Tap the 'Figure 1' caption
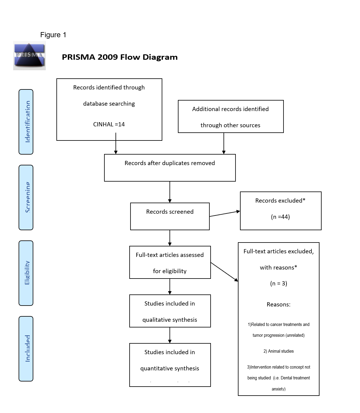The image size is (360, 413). pyautogui.click(x=53, y=35)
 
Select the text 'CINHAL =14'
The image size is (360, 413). pyautogui.click(x=109, y=124)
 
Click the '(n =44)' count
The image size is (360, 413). pyautogui.click(x=280, y=217)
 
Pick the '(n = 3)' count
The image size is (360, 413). pyautogui.click(x=278, y=283)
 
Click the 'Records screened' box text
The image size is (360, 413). pyautogui.click(x=170, y=212)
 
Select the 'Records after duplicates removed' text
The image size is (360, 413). pyautogui.click(x=170, y=163)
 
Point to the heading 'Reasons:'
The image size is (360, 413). pyautogui.click(x=278, y=304)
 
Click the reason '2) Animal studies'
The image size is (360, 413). pyautogui.click(x=278, y=351)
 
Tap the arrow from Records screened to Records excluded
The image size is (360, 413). pyautogui.click(x=225, y=214)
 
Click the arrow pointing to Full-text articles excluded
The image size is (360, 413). pyautogui.click(x=224, y=272)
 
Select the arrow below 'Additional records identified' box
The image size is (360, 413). pyautogui.click(x=224, y=143)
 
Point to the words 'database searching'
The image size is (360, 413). pyautogui.click(x=109, y=104)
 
